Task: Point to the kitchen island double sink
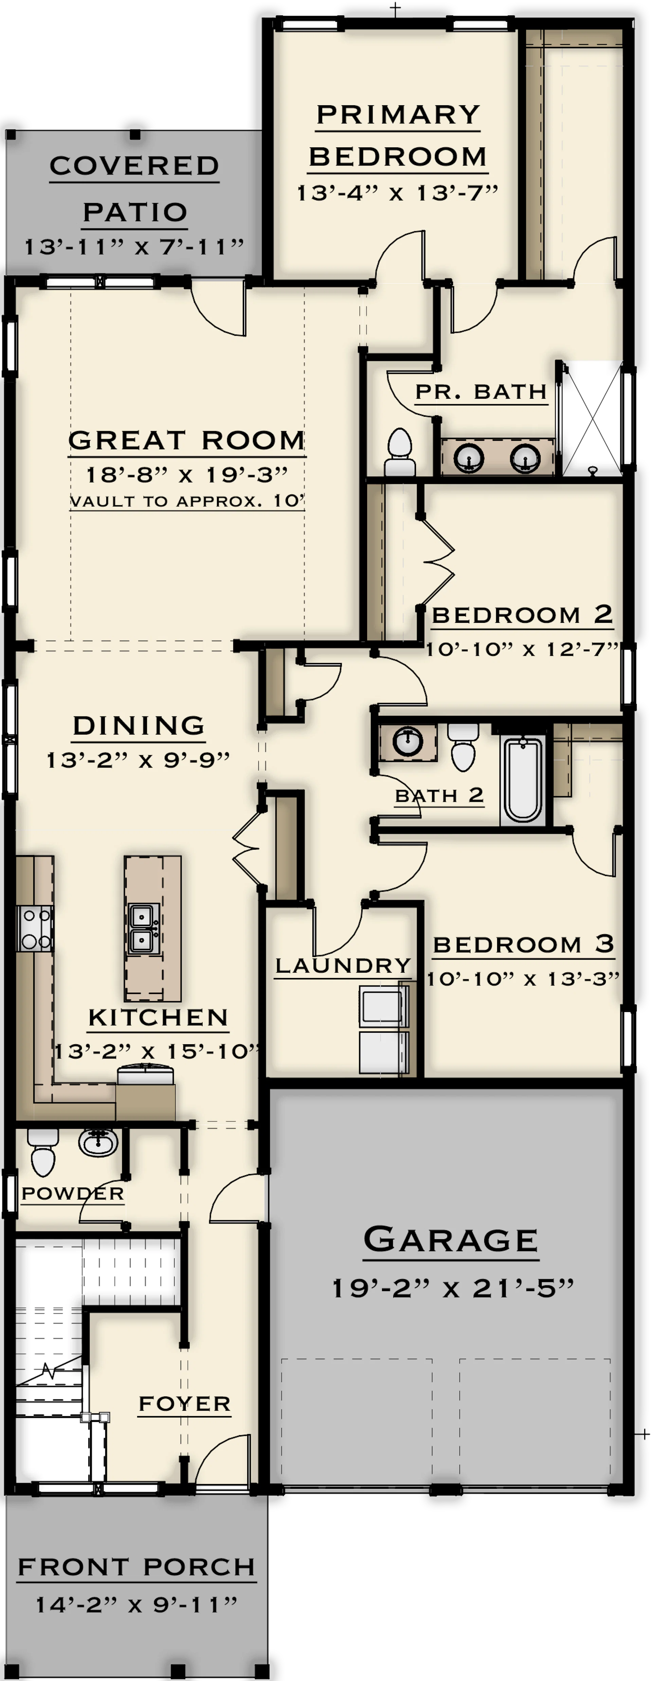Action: click(143, 929)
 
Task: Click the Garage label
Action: click(450, 1239)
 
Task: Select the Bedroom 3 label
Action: click(523, 944)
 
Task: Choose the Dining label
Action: click(138, 726)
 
